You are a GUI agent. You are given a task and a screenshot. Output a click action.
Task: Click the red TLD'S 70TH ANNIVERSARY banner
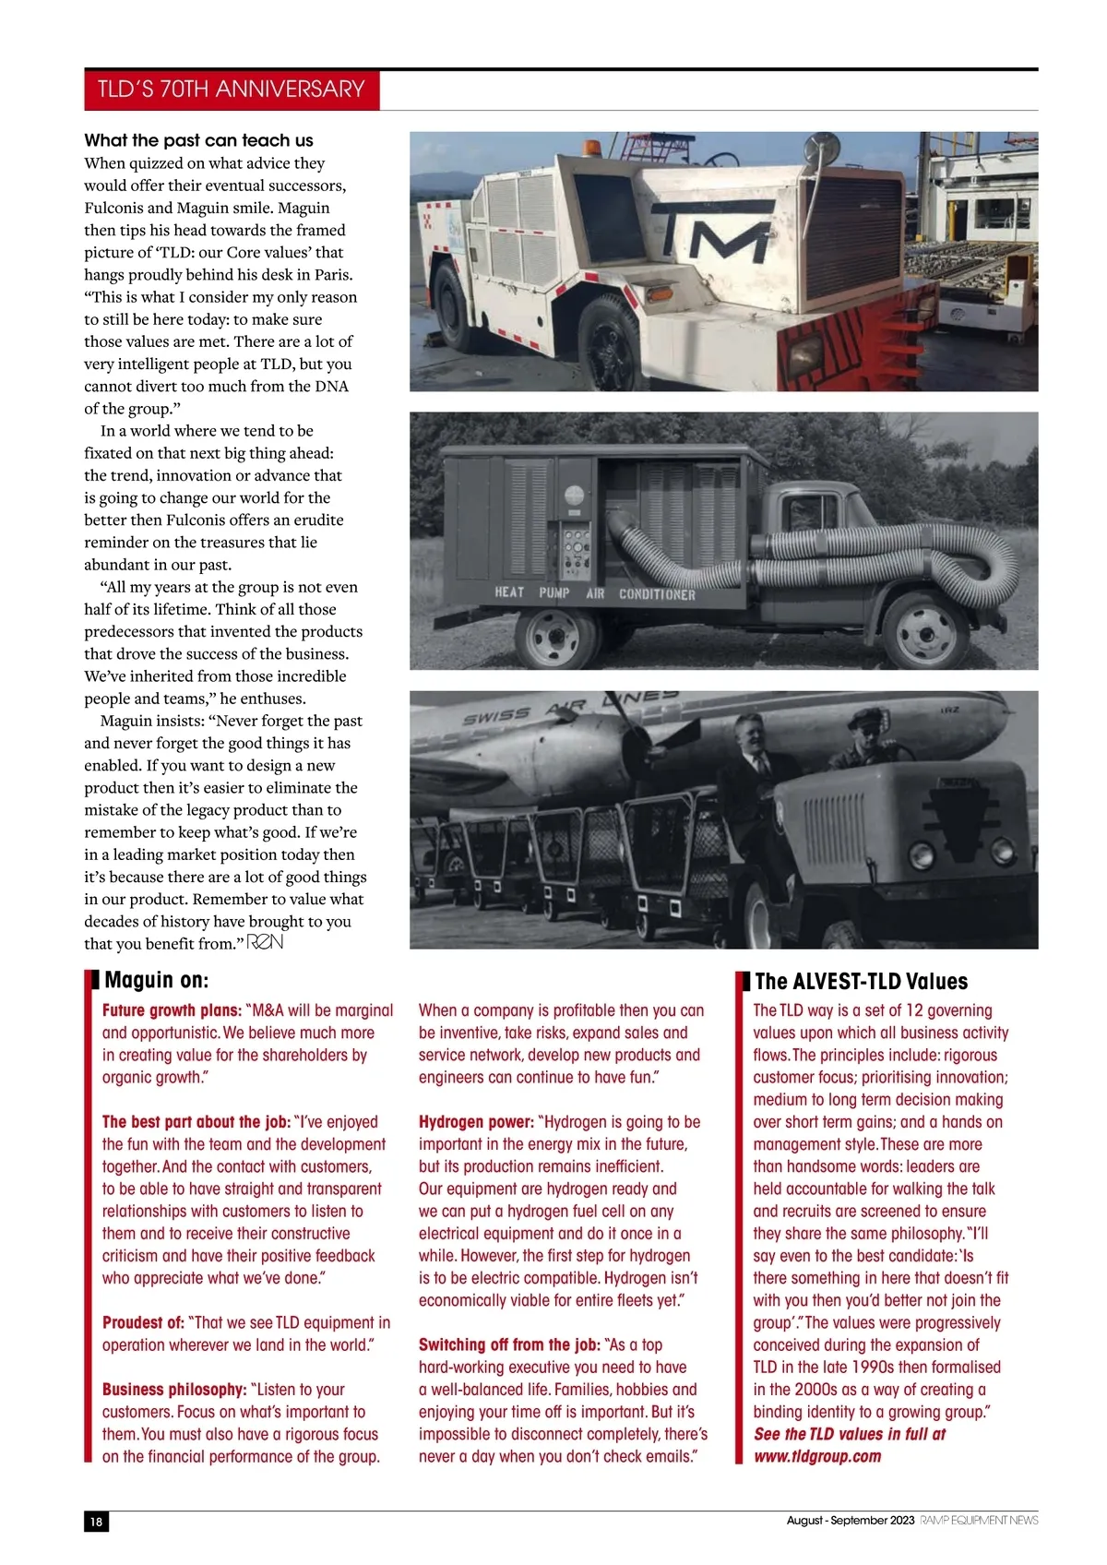pos(232,90)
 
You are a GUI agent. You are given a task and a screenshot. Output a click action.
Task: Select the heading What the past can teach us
pos(198,140)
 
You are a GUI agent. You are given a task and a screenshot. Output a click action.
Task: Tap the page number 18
pos(96,1522)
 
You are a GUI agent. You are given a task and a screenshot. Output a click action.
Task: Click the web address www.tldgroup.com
pos(816,1456)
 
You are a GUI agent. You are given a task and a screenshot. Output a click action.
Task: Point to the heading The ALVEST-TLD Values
pos(861,981)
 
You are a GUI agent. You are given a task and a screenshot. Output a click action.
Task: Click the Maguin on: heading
pos(157,980)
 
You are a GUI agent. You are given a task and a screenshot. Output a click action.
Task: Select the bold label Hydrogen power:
pos(476,1122)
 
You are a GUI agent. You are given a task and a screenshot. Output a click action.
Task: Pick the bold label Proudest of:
pos(143,1322)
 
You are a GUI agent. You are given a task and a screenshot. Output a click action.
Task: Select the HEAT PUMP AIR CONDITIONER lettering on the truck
pos(594,592)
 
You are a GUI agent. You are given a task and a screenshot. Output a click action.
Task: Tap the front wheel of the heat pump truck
pos(924,631)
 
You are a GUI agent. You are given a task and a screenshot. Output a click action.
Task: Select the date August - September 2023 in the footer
pos(850,1521)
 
